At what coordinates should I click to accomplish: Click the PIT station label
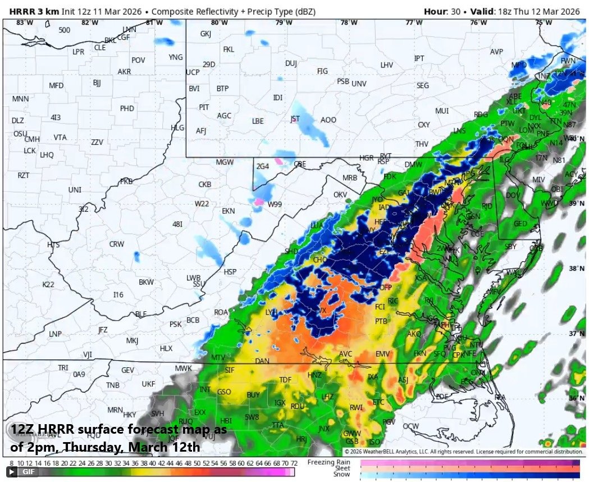click(204, 107)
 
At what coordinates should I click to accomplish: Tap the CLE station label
click(100, 48)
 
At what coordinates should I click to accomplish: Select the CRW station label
click(116, 244)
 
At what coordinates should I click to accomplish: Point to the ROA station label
click(221, 312)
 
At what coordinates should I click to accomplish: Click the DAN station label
click(262, 361)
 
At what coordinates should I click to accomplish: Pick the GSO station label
click(224, 392)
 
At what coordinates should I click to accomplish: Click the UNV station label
click(359, 84)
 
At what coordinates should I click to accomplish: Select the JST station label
click(295, 119)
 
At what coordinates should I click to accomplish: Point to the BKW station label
click(146, 282)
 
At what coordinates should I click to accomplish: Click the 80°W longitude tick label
click(219, 22)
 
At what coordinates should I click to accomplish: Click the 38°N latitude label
click(573, 268)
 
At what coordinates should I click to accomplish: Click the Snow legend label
click(341, 474)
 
